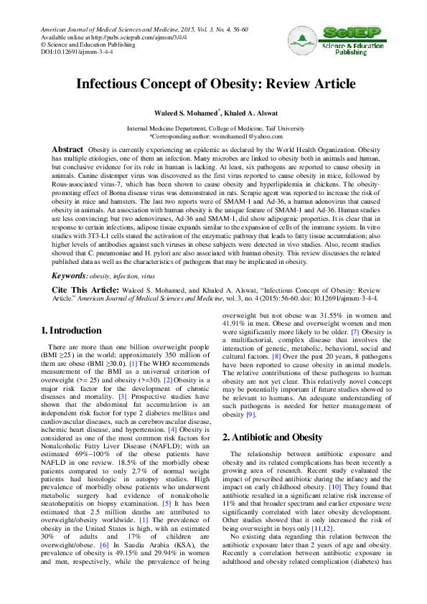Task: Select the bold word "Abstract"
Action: pos(70,149)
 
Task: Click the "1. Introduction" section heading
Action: pos(72,331)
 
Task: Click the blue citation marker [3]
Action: pos(122,396)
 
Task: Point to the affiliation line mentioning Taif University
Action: pos(215,128)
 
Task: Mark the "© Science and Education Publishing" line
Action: pos(83,44)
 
